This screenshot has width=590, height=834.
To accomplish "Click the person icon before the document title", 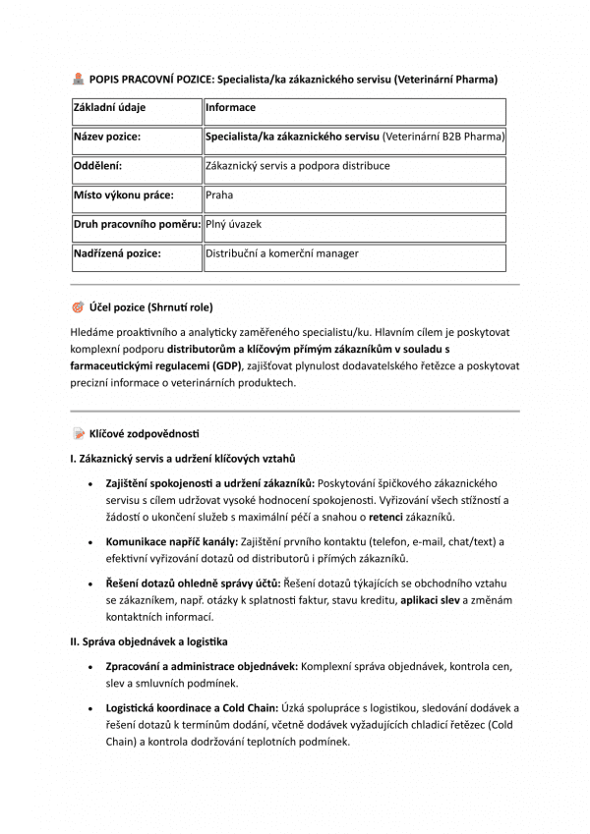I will (x=78, y=78).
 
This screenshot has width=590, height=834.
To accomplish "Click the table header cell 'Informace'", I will (x=231, y=107).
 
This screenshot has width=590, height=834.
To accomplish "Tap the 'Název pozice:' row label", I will (x=108, y=137).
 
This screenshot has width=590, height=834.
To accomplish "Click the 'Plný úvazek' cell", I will (x=234, y=225).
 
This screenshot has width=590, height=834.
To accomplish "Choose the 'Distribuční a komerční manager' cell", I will (x=282, y=253).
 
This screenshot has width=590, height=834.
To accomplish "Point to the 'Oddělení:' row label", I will (x=98, y=166).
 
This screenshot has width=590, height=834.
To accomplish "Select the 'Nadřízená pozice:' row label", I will (x=117, y=253).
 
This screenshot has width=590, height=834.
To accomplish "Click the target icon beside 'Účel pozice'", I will (x=78, y=307).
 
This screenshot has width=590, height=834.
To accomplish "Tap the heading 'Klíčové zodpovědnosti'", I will (x=145, y=433).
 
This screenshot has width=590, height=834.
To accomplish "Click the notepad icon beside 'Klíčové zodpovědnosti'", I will (x=78, y=433).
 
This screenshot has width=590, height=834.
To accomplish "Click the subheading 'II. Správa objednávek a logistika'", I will (x=149, y=641).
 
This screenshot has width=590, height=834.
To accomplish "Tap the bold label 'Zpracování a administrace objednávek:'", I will (x=202, y=666).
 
